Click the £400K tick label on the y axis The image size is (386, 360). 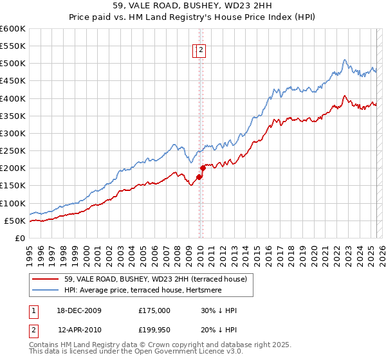point(13,98)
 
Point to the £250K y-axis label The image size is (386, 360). point(13,150)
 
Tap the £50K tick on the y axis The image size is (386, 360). point(15,221)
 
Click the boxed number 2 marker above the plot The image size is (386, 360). point(201,51)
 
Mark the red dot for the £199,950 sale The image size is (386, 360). point(202,168)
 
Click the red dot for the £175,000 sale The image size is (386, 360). point(199,177)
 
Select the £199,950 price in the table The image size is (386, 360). point(154,328)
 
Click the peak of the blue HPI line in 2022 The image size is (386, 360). point(344,60)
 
